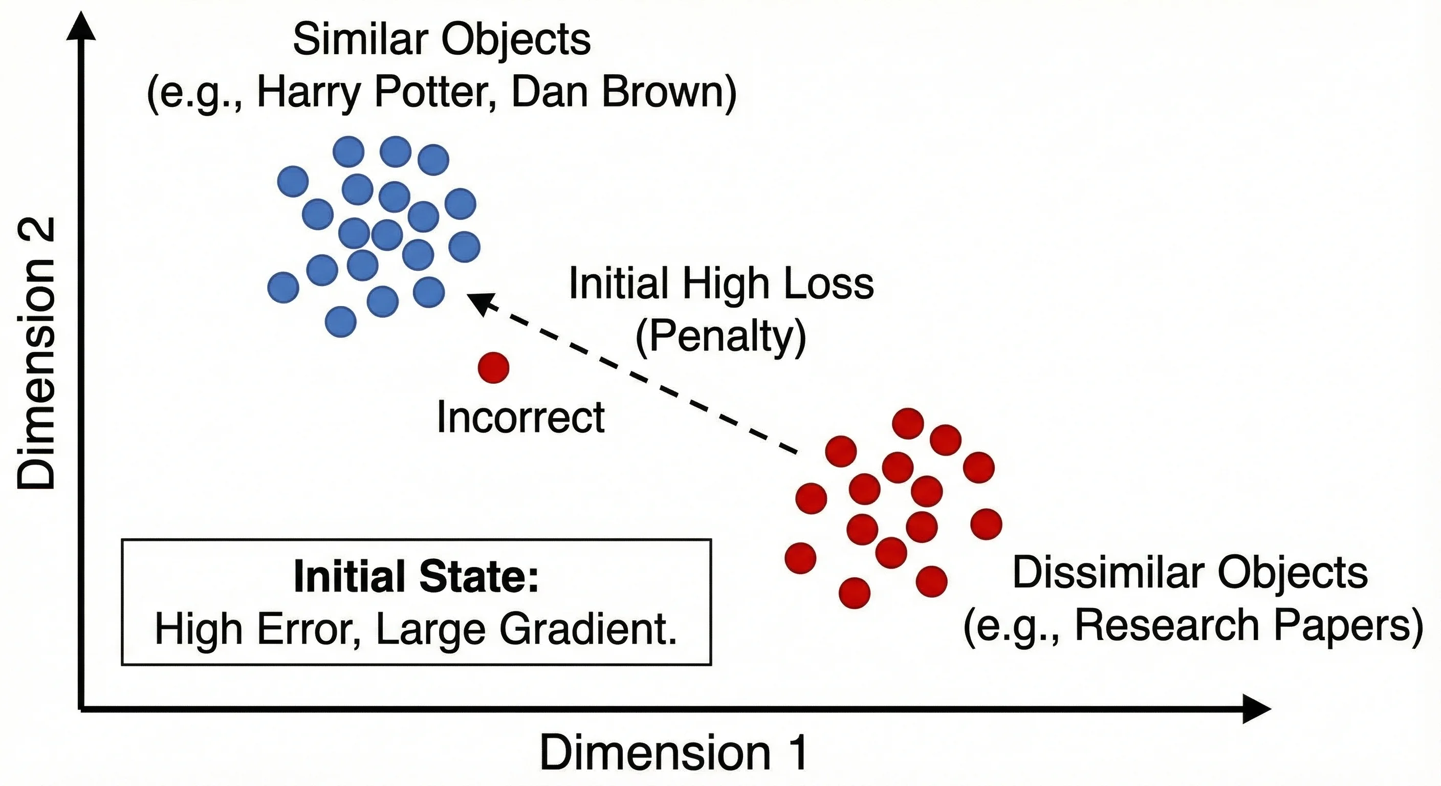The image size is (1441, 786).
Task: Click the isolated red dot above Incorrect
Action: pyautogui.click(x=493, y=367)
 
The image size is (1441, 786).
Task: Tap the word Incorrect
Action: pyautogui.click(x=520, y=418)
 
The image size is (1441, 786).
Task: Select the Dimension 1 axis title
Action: pyautogui.click(x=673, y=753)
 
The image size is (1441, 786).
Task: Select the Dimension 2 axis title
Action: pyautogui.click(x=36, y=354)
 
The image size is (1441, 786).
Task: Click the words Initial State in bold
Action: pyautogui.click(x=416, y=577)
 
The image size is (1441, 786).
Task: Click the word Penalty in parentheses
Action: pyautogui.click(x=721, y=336)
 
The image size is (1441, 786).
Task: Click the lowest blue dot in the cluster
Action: pyautogui.click(x=340, y=322)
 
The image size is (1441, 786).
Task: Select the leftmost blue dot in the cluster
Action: pyautogui.click(x=283, y=288)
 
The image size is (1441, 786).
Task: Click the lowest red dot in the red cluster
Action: pyautogui.click(x=854, y=593)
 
